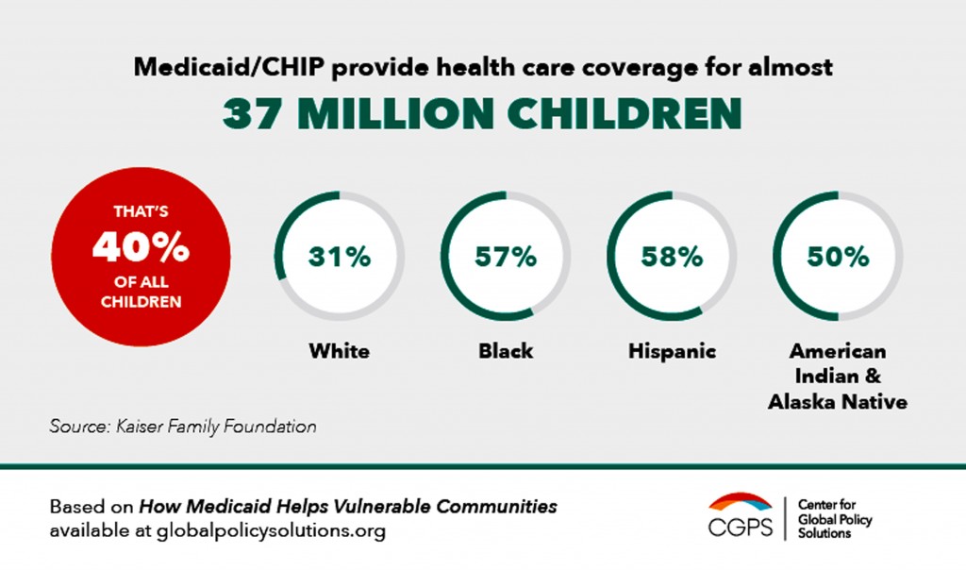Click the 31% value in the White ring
tap(340, 257)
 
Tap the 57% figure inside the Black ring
tap(506, 257)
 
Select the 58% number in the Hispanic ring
tap(672, 257)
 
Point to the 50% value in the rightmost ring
tap(838, 257)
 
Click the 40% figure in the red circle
tap(141, 247)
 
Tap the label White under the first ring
tap(340, 352)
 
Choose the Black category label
tap(506, 352)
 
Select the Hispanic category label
tap(672, 352)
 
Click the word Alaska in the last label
tap(804, 402)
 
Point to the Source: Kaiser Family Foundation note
tap(183, 427)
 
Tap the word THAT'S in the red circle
tap(141, 213)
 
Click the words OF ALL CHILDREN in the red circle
tap(141, 292)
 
